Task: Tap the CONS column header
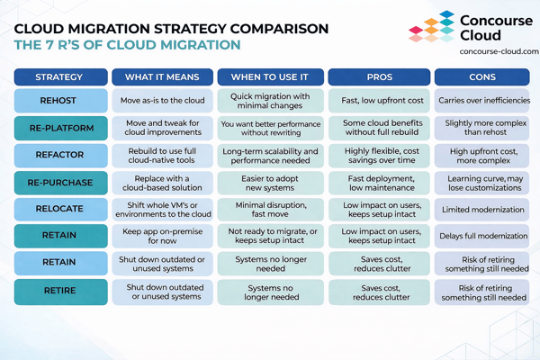[x=481, y=76]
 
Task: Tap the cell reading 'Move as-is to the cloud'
[x=163, y=100]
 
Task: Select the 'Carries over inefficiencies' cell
[x=481, y=100]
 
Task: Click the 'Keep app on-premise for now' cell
[x=163, y=238]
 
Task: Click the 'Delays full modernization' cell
[x=481, y=238]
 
